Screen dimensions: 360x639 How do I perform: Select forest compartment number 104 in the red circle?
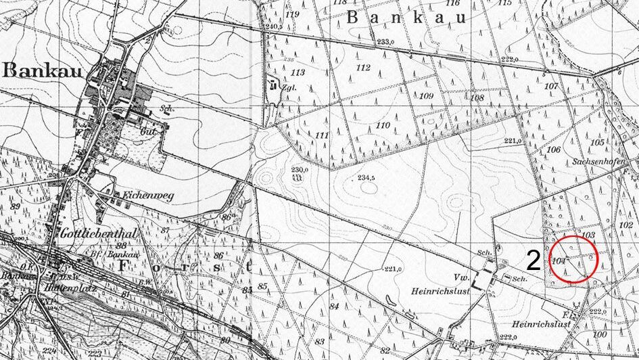pyautogui.click(x=559, y=261)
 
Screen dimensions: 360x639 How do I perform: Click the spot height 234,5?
pyautogui.click(x=366, y=178)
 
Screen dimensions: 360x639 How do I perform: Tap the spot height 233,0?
pyautogui.click(x=385, y=42)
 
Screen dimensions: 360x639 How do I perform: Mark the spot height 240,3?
pyautogui.click(x=273, y=26)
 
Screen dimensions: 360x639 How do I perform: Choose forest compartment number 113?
pyautogui.click(x=298, y=72)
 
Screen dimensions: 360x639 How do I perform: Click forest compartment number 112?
pyautogui.click(x=364, y=67)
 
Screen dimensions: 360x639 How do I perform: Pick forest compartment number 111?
pyautogui.click(x=321, y=135)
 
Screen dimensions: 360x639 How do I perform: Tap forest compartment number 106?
pyautogui.click(x=554, y=150)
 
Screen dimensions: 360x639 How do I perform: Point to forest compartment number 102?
pyautogui.click(x=626, y=224)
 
